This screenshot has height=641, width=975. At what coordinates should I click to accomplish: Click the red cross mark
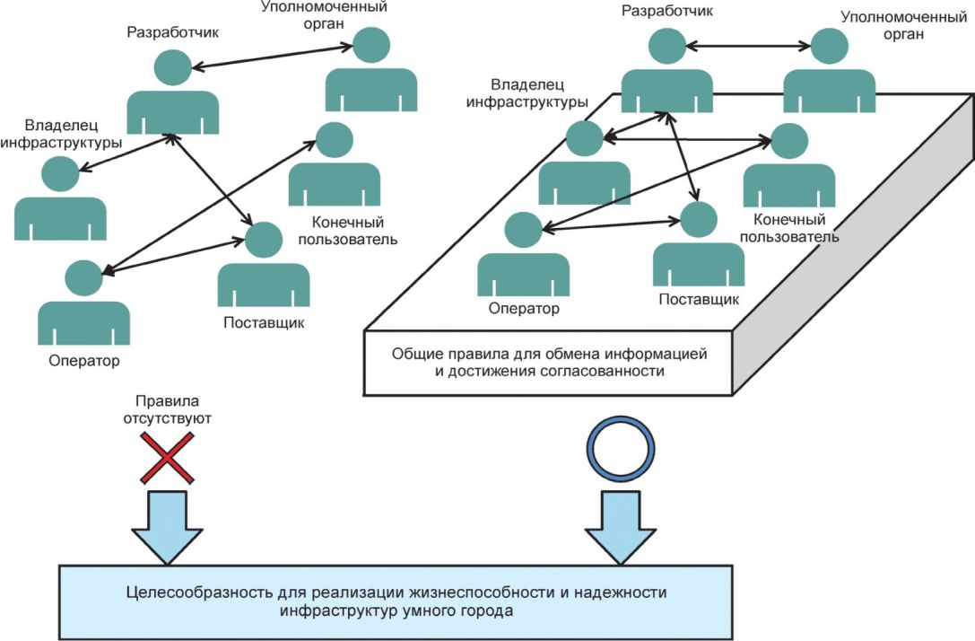pos(167,459)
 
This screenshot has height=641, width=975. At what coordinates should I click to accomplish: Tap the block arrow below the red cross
pos(167,528)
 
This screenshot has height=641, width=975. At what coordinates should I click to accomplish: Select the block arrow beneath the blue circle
pos(621,528)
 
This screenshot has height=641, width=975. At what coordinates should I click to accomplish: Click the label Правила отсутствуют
pos(167,409)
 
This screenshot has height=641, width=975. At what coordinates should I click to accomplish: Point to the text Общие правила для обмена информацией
pos(549,354)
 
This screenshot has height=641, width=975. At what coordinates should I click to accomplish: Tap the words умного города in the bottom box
pos(457,610)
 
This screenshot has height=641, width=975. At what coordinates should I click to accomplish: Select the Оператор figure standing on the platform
pos(524,255)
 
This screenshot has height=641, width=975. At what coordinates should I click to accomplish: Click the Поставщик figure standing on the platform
pos(699,244)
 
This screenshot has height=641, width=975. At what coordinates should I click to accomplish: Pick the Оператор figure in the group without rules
pos(84,303)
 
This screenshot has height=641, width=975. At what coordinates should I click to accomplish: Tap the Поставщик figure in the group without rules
pos(264,265)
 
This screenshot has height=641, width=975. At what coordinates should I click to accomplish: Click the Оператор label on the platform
pos(524,308)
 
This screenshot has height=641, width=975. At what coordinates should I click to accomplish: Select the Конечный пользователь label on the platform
pos(789,228)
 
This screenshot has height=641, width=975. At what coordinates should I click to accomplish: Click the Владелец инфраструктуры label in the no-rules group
pos(61,134)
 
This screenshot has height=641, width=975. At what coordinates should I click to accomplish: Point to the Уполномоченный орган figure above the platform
pos(830,70)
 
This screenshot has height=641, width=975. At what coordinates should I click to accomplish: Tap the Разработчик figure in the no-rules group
pos(173,92)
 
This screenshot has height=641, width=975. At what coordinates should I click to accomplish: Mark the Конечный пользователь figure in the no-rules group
pos(335,163)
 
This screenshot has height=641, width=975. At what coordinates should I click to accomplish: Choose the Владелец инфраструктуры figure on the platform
pos(585,162)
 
